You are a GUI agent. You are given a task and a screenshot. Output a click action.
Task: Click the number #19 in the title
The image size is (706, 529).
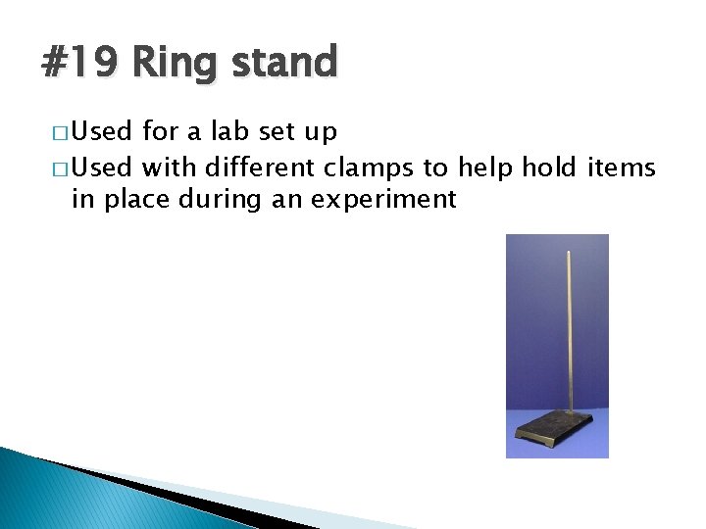pos(79,64)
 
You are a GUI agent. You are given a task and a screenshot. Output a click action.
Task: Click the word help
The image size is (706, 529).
pos(479,168)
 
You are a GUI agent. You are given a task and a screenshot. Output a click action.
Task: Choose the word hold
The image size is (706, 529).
pos(549,168)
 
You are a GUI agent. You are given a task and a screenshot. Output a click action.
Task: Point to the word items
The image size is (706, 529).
pos(622,168)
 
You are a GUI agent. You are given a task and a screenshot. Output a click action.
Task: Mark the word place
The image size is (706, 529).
pos(129,201)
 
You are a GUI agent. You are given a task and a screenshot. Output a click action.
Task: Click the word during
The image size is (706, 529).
pos(211,200)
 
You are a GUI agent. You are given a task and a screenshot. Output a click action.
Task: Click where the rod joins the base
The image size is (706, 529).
pos(566,412)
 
